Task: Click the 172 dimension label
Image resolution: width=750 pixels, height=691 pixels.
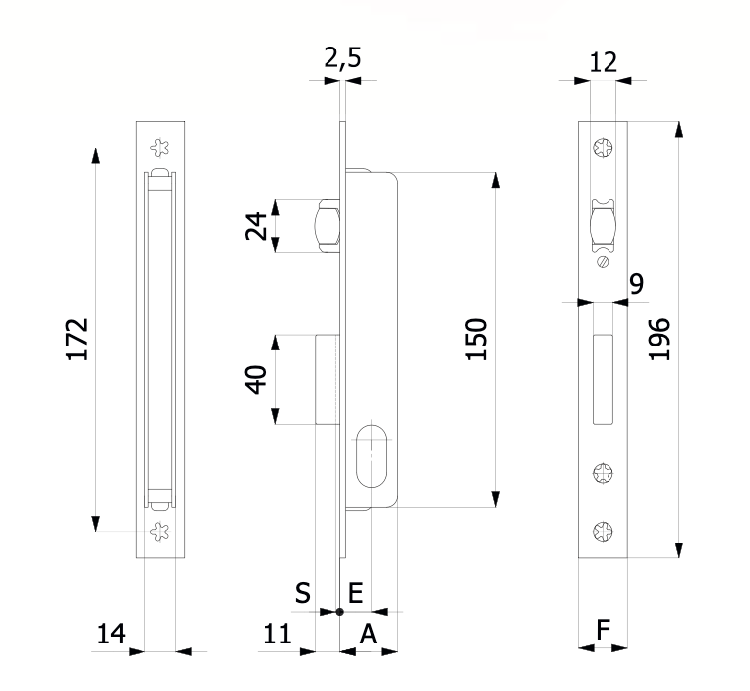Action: point(77,339)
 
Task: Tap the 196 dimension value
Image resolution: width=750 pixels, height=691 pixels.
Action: point(659,339)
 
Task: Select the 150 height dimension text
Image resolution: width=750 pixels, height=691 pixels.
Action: point(476,339)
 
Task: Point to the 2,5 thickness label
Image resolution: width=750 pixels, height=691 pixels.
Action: point(342,58)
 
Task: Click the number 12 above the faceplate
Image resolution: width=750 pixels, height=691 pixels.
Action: point(604,62)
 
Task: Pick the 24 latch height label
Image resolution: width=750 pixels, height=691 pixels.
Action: point(256,226)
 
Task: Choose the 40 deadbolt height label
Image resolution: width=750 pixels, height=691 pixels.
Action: point(256,379)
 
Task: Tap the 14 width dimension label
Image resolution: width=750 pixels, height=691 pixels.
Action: point(111,634)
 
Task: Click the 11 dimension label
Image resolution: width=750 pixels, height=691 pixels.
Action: point(277,634)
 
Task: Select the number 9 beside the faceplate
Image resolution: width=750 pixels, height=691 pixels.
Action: point(637,283)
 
